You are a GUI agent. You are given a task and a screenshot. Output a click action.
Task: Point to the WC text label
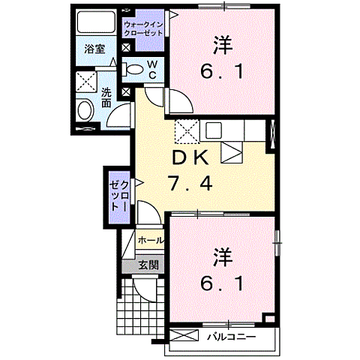151,70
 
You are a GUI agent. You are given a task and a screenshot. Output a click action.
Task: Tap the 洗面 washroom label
107,98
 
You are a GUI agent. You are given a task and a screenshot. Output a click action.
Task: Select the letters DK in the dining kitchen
196,157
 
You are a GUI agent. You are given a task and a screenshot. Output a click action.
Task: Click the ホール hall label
151,241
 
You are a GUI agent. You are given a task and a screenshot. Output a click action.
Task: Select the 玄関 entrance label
148,265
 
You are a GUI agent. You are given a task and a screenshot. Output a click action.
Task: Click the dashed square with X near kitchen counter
185,132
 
